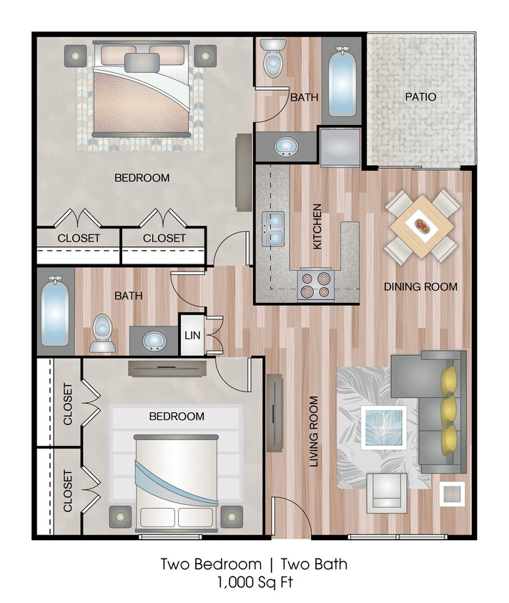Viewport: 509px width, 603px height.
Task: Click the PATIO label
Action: [420, 96]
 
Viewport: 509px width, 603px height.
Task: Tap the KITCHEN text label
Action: [317, 226]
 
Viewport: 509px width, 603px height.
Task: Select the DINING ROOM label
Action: [420, 286]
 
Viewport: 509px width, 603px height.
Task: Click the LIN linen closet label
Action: [192, 335]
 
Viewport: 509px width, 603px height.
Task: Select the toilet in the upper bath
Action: [273, 60]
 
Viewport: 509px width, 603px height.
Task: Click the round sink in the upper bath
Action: [286, 147]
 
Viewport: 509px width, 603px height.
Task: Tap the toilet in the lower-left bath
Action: [103, 333]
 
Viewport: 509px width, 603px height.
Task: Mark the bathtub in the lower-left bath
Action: [55, 312]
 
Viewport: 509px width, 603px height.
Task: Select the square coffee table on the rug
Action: [384, 427]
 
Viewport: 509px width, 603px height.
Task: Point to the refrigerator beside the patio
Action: [340, 147]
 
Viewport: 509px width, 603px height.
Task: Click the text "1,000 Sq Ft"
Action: [254, 582]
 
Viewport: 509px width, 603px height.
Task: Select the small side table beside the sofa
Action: [453, 493]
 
